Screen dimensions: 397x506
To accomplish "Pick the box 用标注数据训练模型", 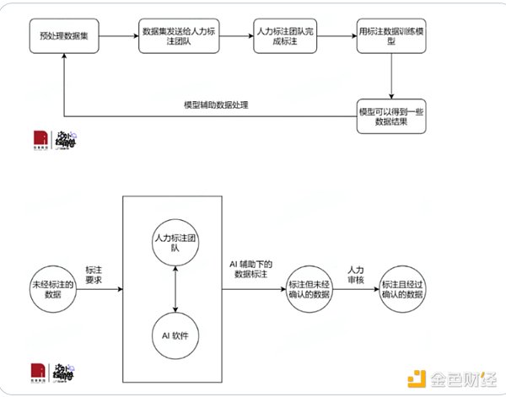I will point(390,39).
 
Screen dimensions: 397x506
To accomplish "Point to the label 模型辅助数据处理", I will point(216,105).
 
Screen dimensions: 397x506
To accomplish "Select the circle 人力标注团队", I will point(174,243).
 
